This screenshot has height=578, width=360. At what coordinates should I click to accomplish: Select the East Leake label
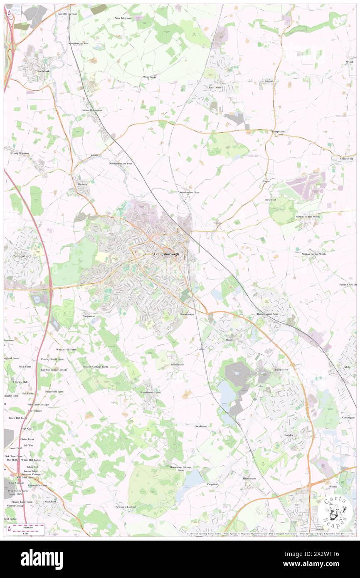215,88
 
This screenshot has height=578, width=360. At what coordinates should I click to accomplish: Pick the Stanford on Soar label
190,193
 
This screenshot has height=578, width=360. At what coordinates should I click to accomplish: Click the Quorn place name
229,340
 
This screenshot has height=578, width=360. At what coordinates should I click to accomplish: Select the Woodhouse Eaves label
150,393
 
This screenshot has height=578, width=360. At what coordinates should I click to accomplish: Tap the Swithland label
200,426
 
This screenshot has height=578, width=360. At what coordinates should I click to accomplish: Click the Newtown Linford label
126,507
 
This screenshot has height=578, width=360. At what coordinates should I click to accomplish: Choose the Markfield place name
51,501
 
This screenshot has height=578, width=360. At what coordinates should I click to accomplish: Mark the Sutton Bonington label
91,110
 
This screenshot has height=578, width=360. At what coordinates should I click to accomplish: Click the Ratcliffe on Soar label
67,14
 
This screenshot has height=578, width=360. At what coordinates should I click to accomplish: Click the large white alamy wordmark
42,559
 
